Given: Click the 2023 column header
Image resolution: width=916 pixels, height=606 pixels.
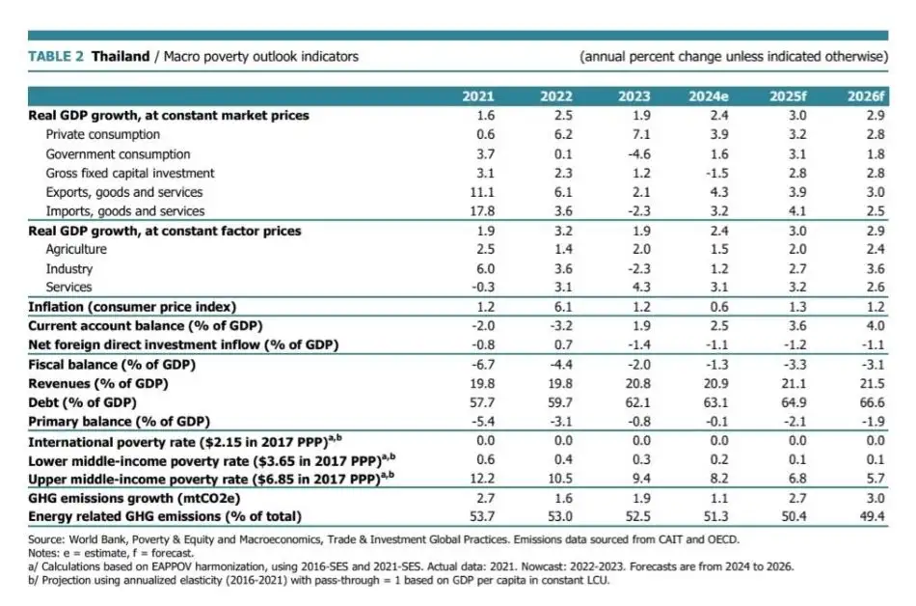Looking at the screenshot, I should tap(634, 96).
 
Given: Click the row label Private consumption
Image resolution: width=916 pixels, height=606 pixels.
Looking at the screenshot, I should tap(103, 134).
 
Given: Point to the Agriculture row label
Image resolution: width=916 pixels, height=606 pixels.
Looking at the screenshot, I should tap(76, 249).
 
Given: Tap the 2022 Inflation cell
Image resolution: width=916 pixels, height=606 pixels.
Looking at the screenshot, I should tap(562, 306).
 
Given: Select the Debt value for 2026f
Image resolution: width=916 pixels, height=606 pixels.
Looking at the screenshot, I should tap(873, 401).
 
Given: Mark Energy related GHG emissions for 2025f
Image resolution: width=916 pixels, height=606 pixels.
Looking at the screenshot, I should tap(795, 517).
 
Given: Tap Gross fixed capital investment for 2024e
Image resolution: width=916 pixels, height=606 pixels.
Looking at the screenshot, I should tap(715, 173).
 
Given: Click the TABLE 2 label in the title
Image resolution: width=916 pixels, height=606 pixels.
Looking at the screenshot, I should tap(57, 56).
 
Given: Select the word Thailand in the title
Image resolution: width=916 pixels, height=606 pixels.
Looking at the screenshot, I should tap(121, 56).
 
